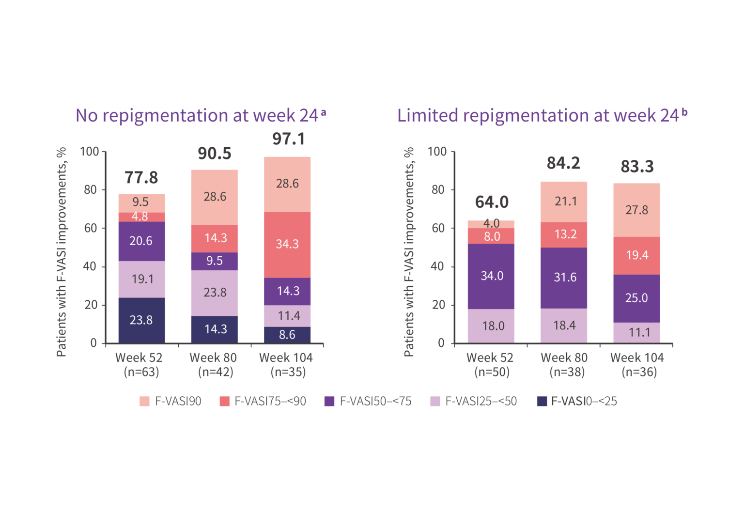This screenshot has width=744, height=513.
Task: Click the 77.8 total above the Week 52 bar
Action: pos(141,178)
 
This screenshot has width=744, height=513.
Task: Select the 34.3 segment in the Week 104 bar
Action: pos(287,244)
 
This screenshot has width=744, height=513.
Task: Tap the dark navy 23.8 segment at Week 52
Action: pos(141,320)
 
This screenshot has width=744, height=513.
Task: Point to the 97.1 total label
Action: pos(289,139)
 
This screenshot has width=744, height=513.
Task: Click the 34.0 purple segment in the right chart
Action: pos(492,276)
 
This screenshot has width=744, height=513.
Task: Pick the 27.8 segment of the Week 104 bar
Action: pos(636,210)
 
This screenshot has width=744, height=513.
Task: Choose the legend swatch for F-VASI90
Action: pos(144,402)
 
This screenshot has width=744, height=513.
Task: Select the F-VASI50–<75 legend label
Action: pos(375,402)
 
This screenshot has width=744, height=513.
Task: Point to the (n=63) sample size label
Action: pos(141,372)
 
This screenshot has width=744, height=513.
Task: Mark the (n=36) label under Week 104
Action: pos(639,372)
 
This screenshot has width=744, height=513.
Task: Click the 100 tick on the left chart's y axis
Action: pos(89,152)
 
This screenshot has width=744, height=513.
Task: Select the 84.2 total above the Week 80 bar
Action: pos(563,163)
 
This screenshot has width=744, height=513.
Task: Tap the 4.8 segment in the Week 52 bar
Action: pos(140,217)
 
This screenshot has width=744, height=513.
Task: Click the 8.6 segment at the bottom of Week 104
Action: pos(287,335)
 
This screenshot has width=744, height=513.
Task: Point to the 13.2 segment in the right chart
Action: pos(565,235)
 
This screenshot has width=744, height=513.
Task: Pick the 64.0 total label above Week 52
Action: pos(492,202)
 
